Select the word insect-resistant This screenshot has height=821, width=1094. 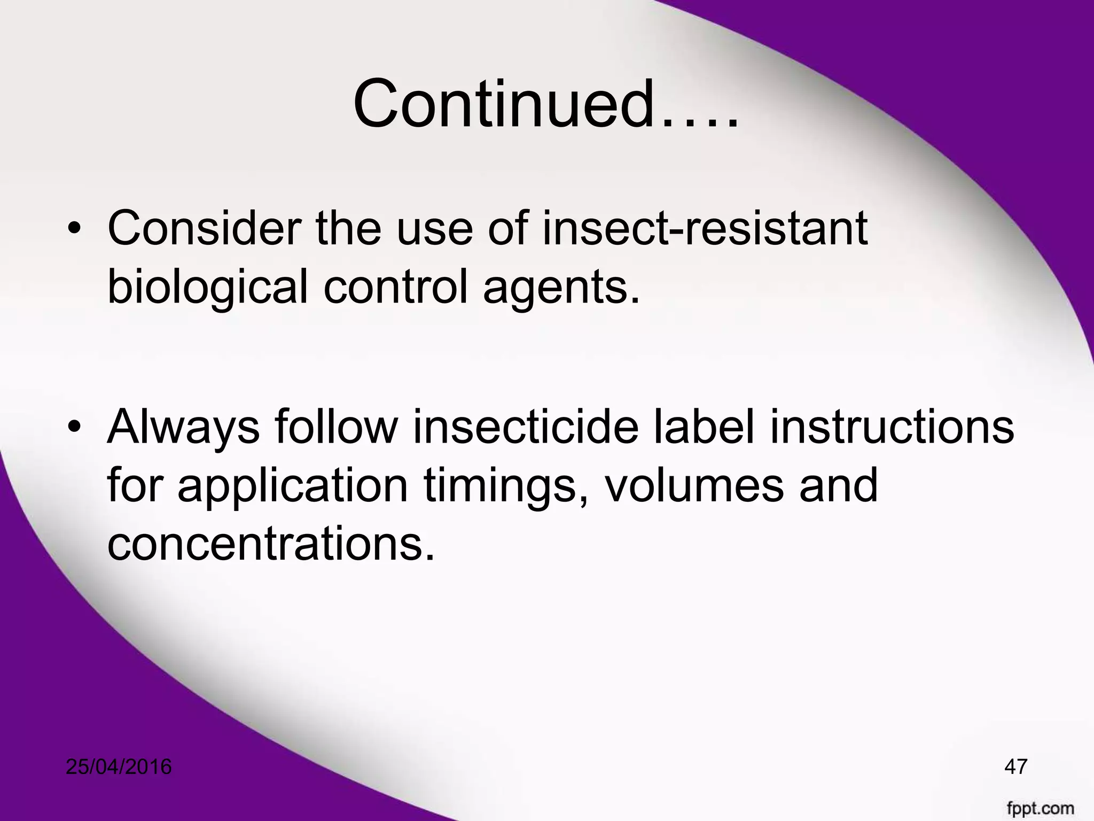pyautogui.click(x=705, y=229)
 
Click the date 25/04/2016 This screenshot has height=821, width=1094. pyautogui.click(x=119, y=766)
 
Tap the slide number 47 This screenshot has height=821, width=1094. pyautogui.click(x=1015, y=766)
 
